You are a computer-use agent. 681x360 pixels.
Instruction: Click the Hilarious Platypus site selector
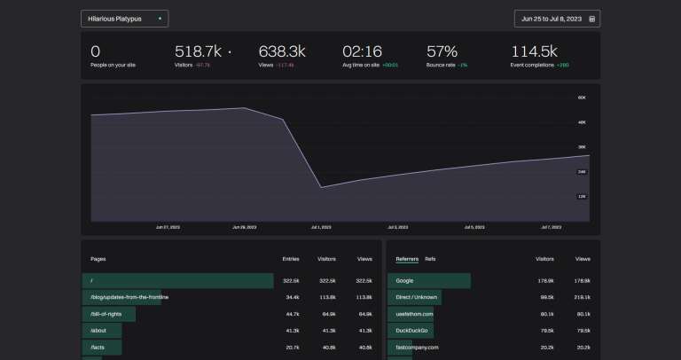click(124, 19)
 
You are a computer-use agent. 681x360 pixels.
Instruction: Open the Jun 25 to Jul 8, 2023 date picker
click(557, 19)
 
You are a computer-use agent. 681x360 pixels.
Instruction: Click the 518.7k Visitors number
click(197, 51)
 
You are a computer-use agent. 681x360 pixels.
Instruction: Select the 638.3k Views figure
click(282, 51)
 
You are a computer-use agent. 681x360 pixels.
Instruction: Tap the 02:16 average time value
click(362, 51)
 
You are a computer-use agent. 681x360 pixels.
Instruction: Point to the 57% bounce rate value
click(442, 51)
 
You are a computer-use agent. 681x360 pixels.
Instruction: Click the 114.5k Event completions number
click(534, 51)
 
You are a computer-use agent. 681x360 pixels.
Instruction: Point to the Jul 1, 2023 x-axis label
click(320, 227)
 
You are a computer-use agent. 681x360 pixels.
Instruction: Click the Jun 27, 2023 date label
click(168, 227)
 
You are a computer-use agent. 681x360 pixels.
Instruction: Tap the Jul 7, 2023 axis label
click(552, 227)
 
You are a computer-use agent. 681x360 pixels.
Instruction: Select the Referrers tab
click(407, 259)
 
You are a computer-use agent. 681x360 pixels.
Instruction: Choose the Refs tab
click(430, 259)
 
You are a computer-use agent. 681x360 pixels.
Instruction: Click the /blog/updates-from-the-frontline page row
click(129, 297)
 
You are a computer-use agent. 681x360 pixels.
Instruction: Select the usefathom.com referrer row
click(415, 314)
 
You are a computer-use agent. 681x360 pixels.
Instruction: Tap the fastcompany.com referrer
click(417, 348)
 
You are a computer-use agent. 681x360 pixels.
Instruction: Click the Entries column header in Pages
click(291, 259)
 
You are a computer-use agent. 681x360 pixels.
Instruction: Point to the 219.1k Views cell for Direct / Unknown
click(583, 297)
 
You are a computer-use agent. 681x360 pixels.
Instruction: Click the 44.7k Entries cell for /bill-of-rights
click(291, 314)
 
